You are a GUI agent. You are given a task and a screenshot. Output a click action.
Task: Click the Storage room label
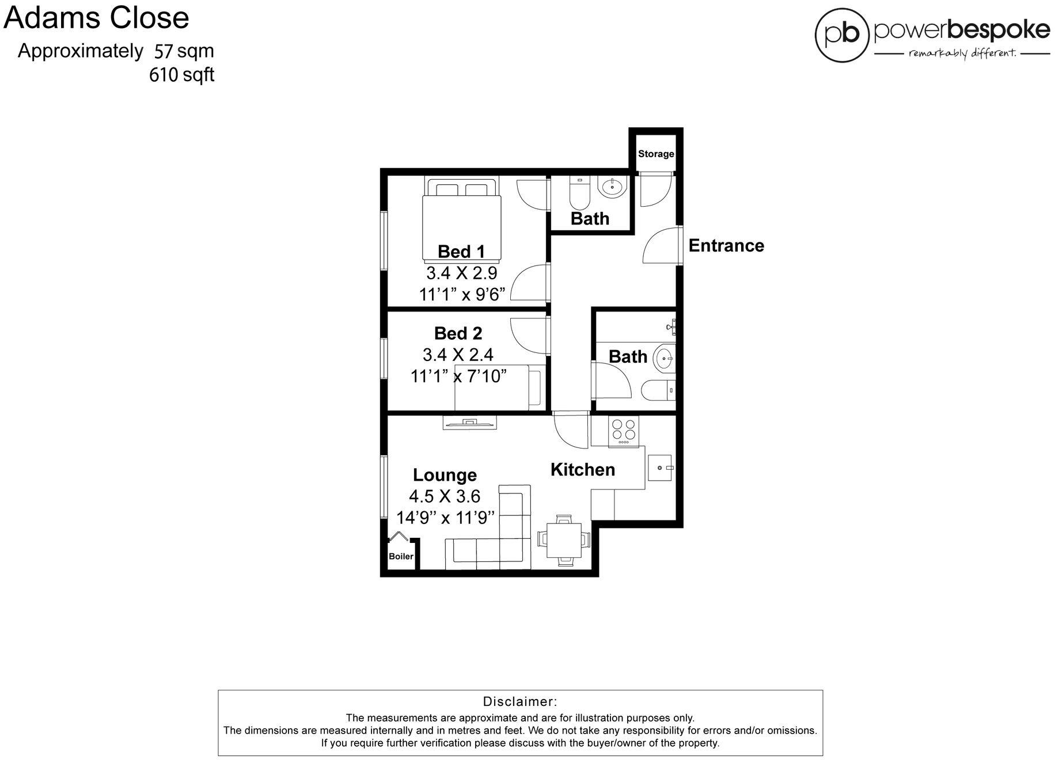pyautogui.click(x=655, y=154)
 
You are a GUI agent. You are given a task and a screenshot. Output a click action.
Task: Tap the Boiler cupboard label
pyautogui.click(x=401, y=556)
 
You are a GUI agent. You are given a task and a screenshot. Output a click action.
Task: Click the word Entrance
pyautogui.click(x=726, y=245)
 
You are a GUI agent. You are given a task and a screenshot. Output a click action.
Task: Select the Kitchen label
pyautogui.click(x=582, y=469)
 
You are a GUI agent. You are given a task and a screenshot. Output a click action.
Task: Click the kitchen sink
pyautogui.click(x=661, y=468)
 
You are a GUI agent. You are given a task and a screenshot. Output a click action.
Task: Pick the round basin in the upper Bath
pyautogui.click(x=611, y=187)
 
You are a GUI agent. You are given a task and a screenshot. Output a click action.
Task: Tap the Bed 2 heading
pyautogui.click(x=458, y=333)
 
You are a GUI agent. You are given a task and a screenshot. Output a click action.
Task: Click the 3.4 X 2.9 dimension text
pyautogui.click(x=461, y=272)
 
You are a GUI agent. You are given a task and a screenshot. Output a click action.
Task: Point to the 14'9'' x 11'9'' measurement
pyautogui.click(x=445, y=518)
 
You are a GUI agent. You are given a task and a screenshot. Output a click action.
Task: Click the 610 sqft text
pyautogui.click(x=181, y=74)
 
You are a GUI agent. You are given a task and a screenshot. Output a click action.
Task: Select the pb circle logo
pyautogui.click(x=841, y=35)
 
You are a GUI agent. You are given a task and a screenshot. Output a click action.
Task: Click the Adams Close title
pyautogui.click(x=96, y=17)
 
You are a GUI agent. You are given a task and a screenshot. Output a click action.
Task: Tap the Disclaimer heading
pyautogui.click(x=519, y=701)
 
